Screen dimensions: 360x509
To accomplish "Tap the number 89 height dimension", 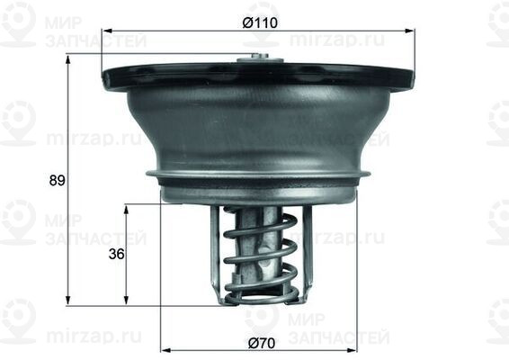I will [x=56, y=180].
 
